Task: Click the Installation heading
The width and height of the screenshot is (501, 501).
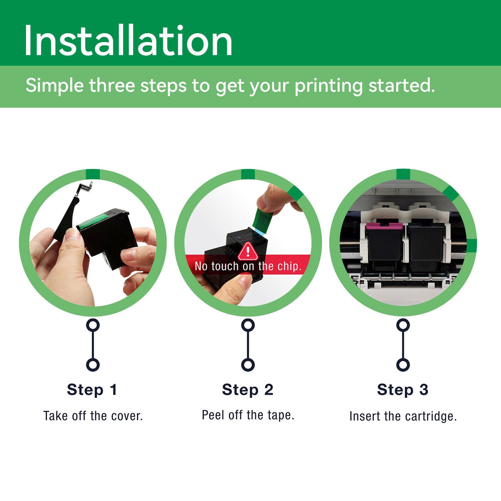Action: pos(128,41)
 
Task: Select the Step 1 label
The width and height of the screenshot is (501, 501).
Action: pos(92,390)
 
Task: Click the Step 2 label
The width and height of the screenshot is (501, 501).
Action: pos(248,390)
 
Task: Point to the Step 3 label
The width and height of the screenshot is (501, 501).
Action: pos(403,390)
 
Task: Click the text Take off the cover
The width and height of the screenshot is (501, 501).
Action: pos(93,416)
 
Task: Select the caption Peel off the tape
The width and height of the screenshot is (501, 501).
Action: pos(248,415)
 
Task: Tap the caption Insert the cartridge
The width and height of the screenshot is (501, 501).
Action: pos(403,416)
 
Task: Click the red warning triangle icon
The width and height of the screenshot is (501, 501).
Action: pos(248,251)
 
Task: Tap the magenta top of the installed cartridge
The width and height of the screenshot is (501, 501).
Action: pos(384,226)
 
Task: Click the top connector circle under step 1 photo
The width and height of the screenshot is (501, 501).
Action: pos(93,325)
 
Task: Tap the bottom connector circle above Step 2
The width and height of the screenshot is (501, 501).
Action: pos(248,365)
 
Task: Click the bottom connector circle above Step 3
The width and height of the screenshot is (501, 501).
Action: pos(403,365)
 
